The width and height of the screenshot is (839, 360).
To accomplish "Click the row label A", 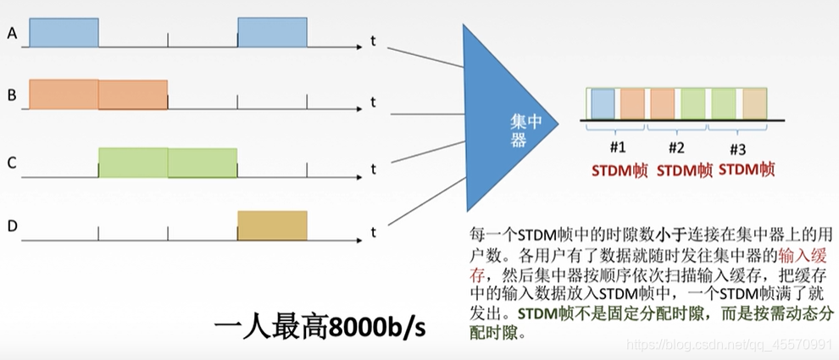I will (x=12, y=34).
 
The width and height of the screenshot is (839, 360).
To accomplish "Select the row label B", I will (x=12, y=95).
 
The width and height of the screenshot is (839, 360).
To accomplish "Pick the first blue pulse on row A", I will (x=64, y=32).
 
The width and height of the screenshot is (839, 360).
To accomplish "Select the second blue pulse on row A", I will (x=272, y=32).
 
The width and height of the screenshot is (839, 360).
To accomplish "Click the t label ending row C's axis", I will (x=373, y=169).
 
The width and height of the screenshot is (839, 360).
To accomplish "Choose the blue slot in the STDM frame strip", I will (x=603, y=103).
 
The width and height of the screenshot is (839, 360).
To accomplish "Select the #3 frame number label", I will (x=737, y=148).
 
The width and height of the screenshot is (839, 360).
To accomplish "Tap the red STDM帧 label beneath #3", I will (x=747, y=169).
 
